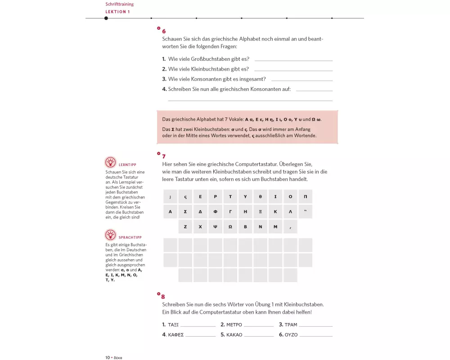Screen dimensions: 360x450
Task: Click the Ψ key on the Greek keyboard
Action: pyautogui.click(x=215, y=227)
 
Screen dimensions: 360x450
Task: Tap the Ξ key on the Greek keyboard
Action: pyautogui.click(x=260, y=211)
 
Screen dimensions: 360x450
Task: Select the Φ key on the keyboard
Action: pyautogui.click(x=215, y=211)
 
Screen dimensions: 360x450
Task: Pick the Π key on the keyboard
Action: pyautogui.click(x=305, y=197)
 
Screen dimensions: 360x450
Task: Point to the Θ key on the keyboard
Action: pyautogui.click(x=260, y=197)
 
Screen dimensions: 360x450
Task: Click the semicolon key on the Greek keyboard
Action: pyautogui.click(x=170, y=197)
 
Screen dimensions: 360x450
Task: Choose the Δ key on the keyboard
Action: pyautogui.click(x=200, y=211)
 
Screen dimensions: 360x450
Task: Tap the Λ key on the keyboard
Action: pyautogui.click(x=290, y=211)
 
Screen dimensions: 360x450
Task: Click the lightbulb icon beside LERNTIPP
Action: pyautogui.click(x=110, y=162)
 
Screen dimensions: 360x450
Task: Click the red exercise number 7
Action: pyautogui.click(x=164, y=157)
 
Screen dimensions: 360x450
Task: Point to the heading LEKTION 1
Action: pyautogui.click(x=117, y=12)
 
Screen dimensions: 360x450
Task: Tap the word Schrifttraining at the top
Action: pyautogui.click(x=119, y=4)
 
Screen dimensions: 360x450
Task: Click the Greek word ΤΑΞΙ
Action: pyautogui.click(x=173, y=324)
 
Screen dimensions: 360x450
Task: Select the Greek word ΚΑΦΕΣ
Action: pyautogui.click(x=175, y=335)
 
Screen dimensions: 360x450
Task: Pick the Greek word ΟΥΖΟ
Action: pyautogui.click(x=292, y=335)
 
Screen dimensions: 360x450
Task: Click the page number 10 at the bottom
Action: pyautogui.click(x=108, y=357)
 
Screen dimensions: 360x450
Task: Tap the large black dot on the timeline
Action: pyautogui.click(x=106, y=18)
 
